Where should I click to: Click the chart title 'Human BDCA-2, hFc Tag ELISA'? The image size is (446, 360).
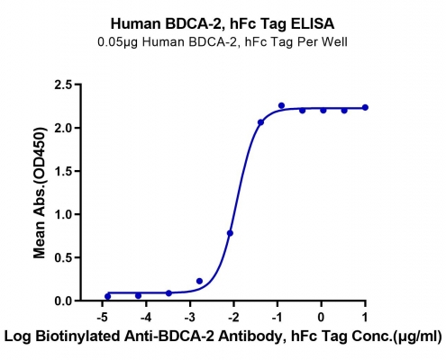223,24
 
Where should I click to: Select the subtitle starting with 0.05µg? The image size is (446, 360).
223,42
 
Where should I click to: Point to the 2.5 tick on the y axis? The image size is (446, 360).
64,85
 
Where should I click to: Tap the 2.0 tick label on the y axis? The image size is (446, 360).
64,128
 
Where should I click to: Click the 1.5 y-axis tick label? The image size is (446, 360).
64,171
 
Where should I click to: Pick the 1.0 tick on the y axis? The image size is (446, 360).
64,214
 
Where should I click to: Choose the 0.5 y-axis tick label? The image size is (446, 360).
64,257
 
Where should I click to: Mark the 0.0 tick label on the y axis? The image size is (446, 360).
64,301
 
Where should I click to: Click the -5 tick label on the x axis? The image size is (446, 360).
103,317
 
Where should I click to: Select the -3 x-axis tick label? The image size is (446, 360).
190,317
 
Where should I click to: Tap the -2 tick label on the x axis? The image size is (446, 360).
234,317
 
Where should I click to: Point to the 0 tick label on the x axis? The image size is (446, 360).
322,317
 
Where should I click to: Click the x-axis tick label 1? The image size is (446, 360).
365,317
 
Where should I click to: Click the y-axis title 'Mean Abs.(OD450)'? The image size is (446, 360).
40,193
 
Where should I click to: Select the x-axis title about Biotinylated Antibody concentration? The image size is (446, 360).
223,337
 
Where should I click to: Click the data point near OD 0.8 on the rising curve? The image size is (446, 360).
230,233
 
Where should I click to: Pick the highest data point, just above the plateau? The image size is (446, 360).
281,105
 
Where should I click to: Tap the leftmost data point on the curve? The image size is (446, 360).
107,296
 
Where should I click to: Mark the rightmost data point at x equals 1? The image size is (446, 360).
365,107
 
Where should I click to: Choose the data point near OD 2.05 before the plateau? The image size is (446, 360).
260,122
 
